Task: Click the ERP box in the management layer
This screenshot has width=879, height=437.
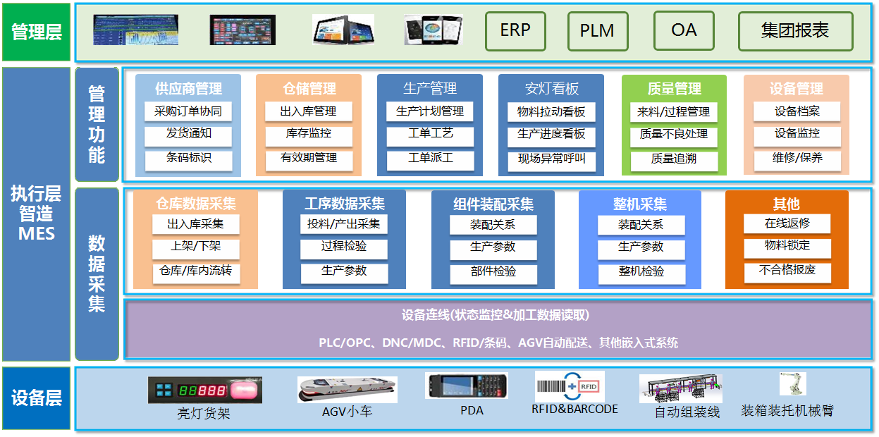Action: pos(515,31)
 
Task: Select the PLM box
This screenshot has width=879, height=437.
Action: pos(598,31)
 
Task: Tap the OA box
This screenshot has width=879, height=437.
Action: pos(684,30)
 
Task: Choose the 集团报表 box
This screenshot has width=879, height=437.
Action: pos(795,31)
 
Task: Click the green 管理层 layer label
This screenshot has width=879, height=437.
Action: pos(36,32)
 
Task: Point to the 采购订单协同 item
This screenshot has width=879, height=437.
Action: pos(188,111)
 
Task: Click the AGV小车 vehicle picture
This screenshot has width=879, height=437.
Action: pos(348,390)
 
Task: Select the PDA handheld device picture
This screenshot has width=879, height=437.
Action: pos(467,386)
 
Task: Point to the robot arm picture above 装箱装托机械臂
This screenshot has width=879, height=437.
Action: pos(793,383)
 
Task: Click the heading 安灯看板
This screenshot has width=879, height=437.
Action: pos(552,89)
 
